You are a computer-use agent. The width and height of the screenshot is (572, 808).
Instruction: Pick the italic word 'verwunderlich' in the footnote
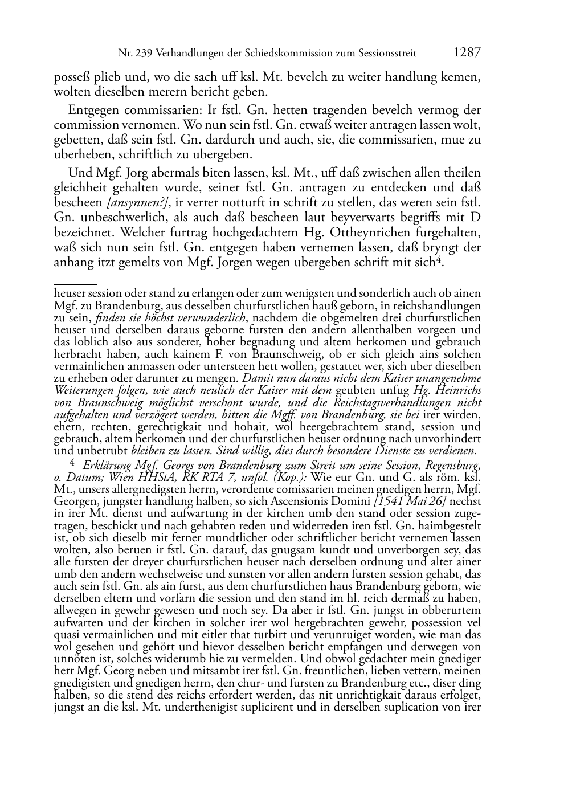click(212, 318)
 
